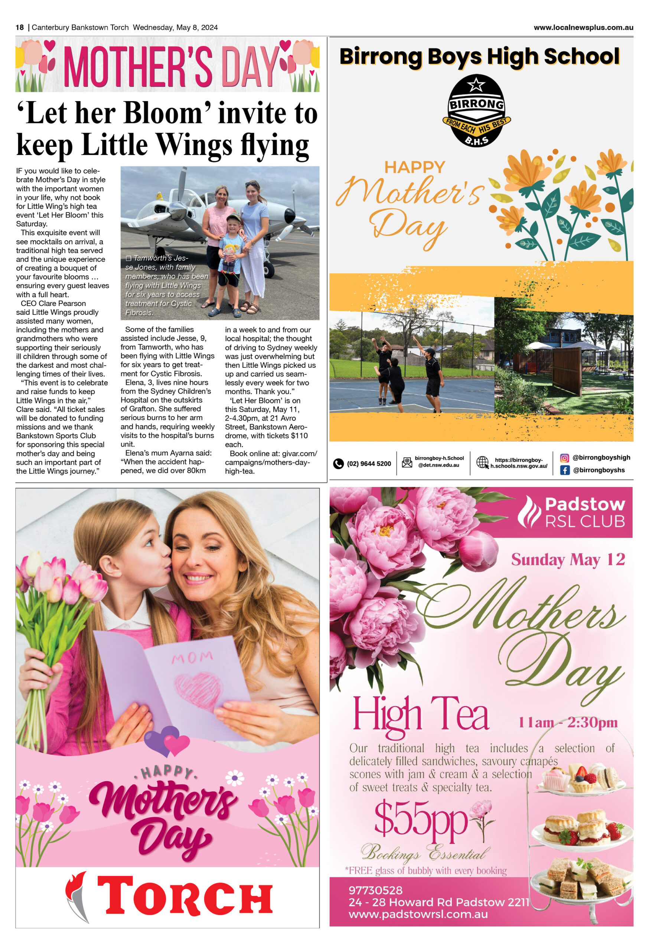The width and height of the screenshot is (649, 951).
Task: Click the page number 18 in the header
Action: pos(20,28)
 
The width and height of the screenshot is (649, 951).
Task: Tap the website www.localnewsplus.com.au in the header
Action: pos(583,28)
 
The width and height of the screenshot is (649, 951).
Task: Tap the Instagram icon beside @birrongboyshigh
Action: pos(564,458)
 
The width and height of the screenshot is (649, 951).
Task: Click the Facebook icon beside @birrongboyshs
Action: pos(564,470)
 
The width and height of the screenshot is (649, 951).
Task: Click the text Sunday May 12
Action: pos(568,560)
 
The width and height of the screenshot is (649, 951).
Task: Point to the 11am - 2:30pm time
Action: pos(568,723)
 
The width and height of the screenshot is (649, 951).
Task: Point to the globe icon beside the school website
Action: pos(483,462)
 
